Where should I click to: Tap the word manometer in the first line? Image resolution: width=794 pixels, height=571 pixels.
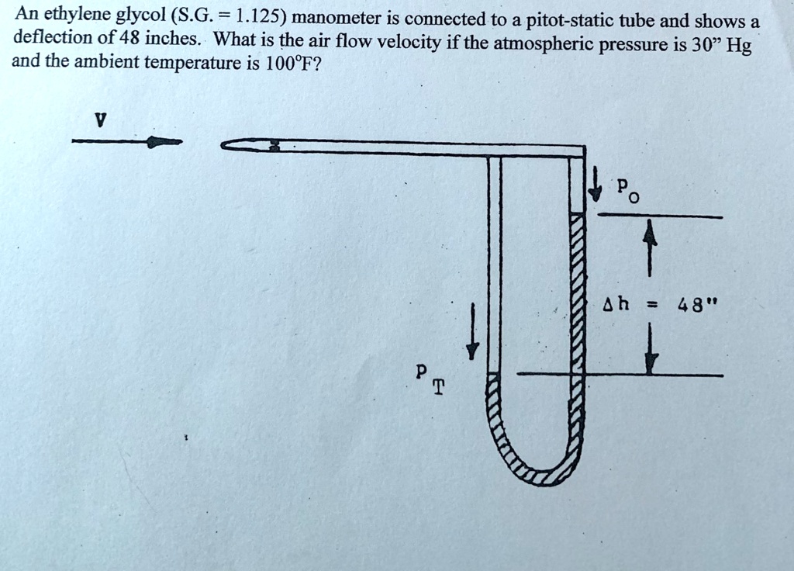(x=331, y=18)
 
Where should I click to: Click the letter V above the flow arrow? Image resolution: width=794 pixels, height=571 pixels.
(x=98, y=121)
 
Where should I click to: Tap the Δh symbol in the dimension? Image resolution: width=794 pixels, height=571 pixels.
(x=615, y=305)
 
